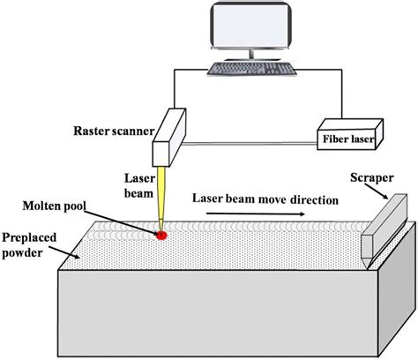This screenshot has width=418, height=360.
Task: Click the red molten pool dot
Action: pos(161,235)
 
